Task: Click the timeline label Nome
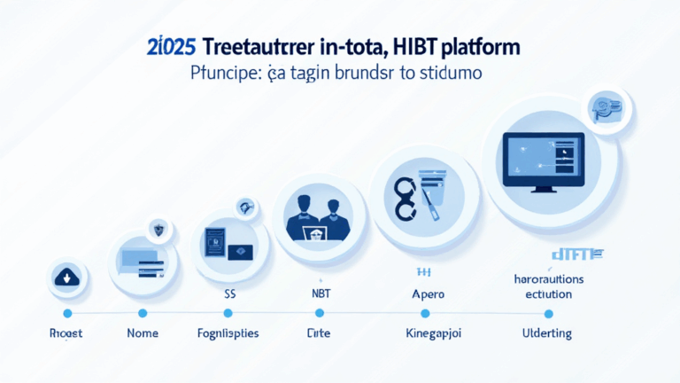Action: coord(143,334)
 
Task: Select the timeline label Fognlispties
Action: coord(228,334)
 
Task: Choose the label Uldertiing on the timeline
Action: coord(547,334)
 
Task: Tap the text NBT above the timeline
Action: coord(316,292)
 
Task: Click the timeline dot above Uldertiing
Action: coord(548,314)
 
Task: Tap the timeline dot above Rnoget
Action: coord(67,314)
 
